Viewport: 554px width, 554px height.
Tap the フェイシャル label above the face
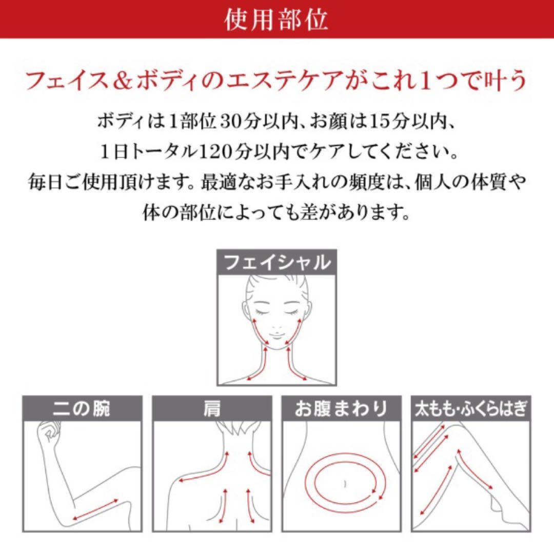[277, 263]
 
